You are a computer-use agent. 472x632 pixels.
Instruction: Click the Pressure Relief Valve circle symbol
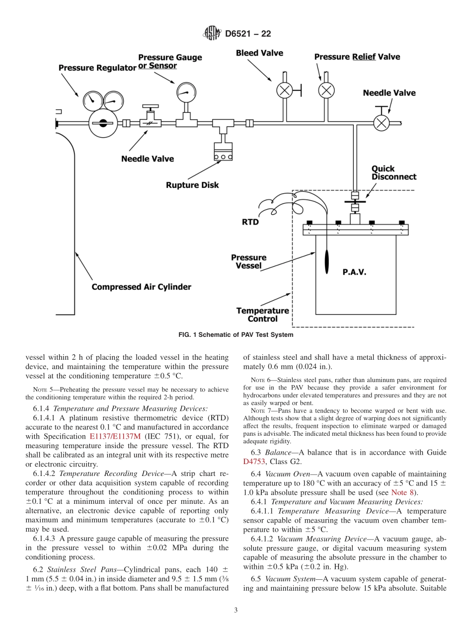(x=326, y=90)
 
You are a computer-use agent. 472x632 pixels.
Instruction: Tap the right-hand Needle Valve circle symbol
(x=381, y=123)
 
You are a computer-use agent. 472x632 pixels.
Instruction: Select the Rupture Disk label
(x=192, y=185)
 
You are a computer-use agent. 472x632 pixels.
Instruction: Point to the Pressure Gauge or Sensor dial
(x=184, y=90)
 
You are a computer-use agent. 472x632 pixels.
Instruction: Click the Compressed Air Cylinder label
(x=141, y=287)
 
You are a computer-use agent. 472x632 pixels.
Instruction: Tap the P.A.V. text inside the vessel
(x=354, y=272)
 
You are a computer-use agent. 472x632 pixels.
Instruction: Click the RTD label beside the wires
(x=250, y=222)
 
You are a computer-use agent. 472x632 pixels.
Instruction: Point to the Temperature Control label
(x=262, y=315)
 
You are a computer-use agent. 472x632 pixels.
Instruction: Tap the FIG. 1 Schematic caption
(x=236, y=335)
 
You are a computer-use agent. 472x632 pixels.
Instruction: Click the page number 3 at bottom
(x=236, y=610)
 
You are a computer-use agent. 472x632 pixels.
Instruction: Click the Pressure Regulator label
(x=97, y=68)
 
